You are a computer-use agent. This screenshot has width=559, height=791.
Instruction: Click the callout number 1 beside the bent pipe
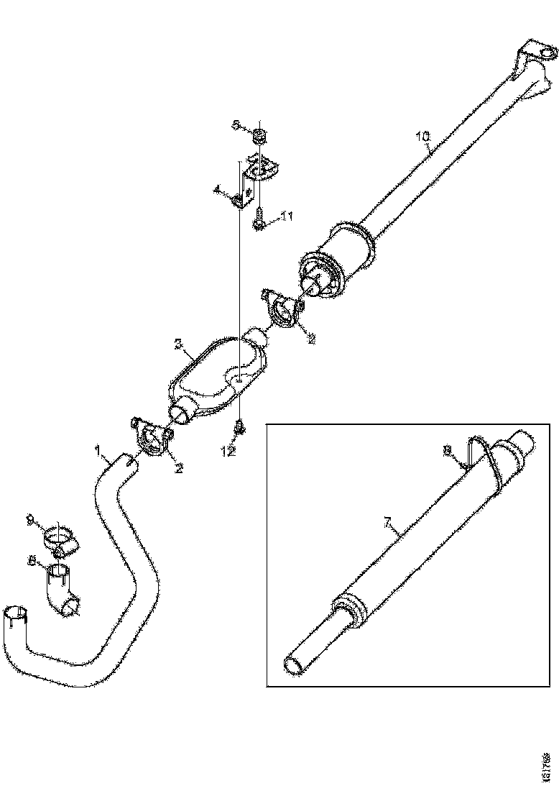pos(98,450)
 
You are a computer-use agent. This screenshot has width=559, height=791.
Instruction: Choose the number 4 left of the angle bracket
pos(216,191)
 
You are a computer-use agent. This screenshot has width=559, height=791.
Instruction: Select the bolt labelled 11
pos(259,218)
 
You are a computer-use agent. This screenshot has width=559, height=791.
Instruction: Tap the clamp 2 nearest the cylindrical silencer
pos(284,307)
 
